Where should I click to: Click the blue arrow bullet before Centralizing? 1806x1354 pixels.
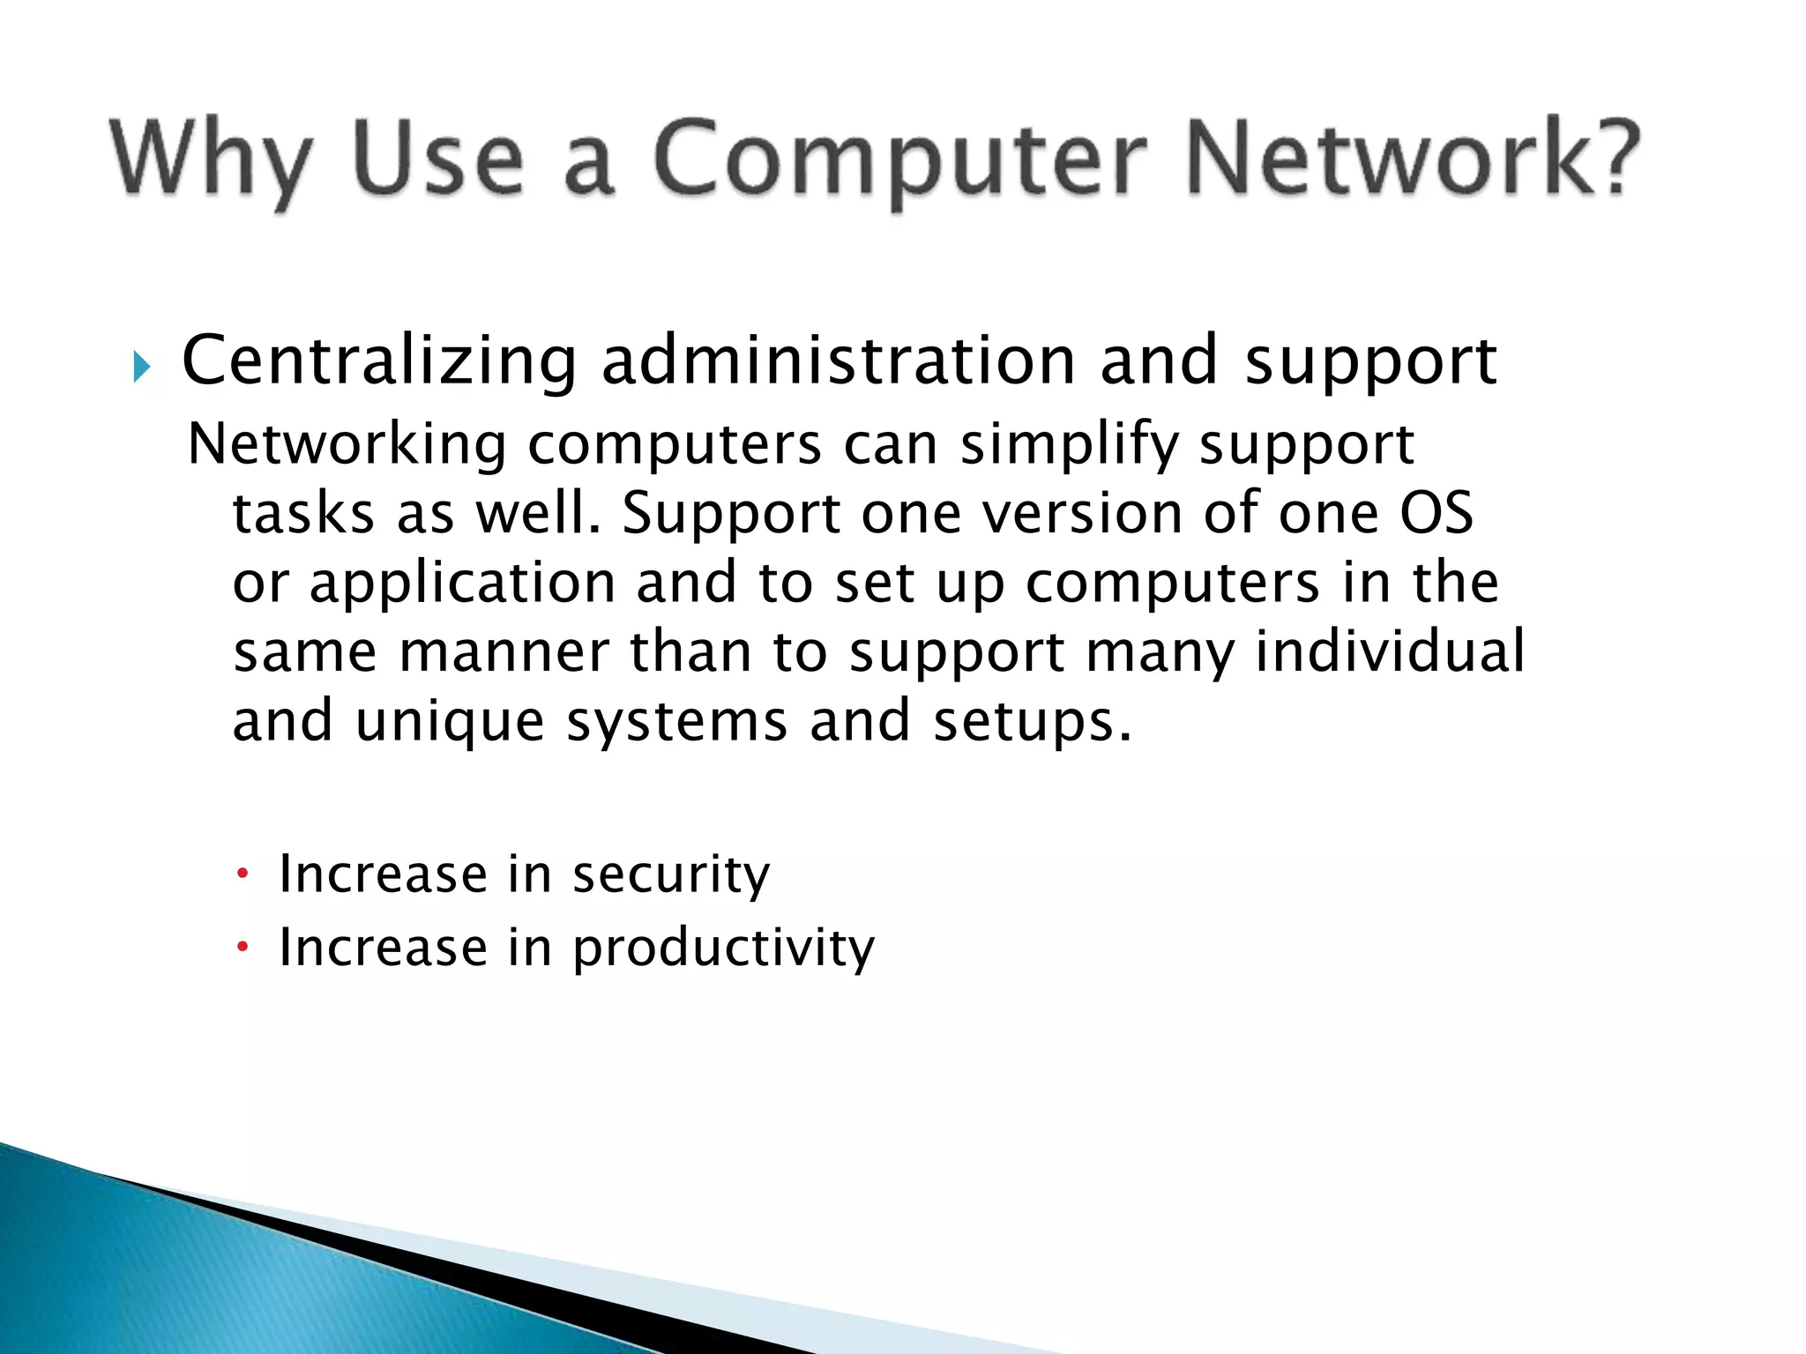coord(141,366)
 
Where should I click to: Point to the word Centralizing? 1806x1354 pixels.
coord(379,361)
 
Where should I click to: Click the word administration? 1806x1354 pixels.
coord(838,361)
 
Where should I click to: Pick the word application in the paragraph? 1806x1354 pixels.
coord(462,584)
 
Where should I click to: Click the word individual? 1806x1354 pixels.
coord(1389,652)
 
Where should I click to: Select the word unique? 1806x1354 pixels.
coord(450,721)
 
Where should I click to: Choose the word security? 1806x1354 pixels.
coord(670,875)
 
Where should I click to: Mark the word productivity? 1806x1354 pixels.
coord(723,949)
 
